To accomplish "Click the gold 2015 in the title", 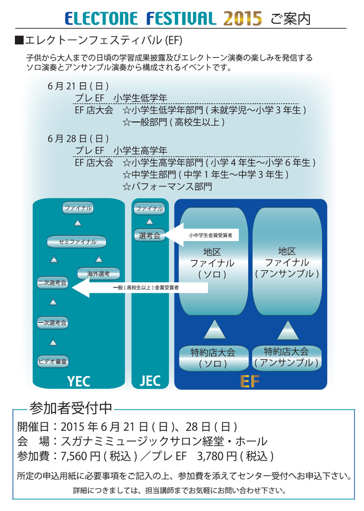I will pyautogui.click(x=243, y=19).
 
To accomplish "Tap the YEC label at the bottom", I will pyautogui.click(x=79, y=382).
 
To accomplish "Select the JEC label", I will pyautogui.click(x=150, y=381).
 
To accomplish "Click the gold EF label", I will pyautogui.click(x=250, y=382).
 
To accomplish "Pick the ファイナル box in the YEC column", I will pyautogui.click(x=77, y=208).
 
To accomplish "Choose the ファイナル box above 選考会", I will pyautogui.click(x=149, y=208).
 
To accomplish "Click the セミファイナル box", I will pyautogui.click(x=77, y=242).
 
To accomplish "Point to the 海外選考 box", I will pyautogui.click(x=98, y=274).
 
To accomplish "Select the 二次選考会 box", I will pyautogui.click(x=52, y=283).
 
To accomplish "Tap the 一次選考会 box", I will pyautogui.click(x=52, y=323).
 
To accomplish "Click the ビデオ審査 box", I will pyautogui.click(x=52, y=360).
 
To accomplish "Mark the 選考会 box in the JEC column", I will pyautogui.click(x=149, y=235).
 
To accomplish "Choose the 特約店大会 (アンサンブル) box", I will pyautogui.click(x=287, y=357).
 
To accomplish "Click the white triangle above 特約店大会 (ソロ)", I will pyautogui.click(x=214, y=330).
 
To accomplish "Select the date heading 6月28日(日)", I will pyautogui.click(x=78, y=138).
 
